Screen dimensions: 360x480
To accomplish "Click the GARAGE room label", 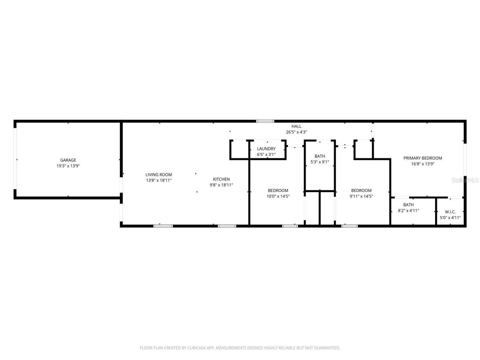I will click(68, 160).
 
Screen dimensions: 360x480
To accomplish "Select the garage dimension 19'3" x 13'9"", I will click(68, 166).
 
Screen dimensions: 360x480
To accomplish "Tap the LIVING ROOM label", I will click(159, 174).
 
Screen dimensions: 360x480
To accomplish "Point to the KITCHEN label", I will click(221, 179).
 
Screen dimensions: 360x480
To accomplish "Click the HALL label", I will click(296, 126).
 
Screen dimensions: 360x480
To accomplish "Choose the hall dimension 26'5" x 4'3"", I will click(296, 132).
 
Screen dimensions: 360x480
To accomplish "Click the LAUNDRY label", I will click(266, 149).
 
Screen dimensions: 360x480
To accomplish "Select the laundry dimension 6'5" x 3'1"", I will click(266, 154).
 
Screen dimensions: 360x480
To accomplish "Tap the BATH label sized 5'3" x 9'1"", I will click(320, 156).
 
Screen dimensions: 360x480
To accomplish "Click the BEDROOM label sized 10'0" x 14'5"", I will click(278, 190).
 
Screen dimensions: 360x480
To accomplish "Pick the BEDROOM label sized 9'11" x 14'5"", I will click(361, 190).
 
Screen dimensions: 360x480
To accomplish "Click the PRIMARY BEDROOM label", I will click(423, 158).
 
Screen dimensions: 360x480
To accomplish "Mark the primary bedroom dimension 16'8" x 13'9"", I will click(423, 164).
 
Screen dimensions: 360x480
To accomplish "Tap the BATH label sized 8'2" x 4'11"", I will click(408, 205).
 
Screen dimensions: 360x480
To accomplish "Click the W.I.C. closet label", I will click(450, 212).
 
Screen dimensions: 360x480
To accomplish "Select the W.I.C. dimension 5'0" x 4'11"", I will click(450, 217).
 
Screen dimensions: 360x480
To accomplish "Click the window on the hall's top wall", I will click(265, 121).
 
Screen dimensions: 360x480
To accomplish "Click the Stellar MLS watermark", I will click(465, 180).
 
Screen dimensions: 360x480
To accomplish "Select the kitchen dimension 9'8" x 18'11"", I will click(221, 185).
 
